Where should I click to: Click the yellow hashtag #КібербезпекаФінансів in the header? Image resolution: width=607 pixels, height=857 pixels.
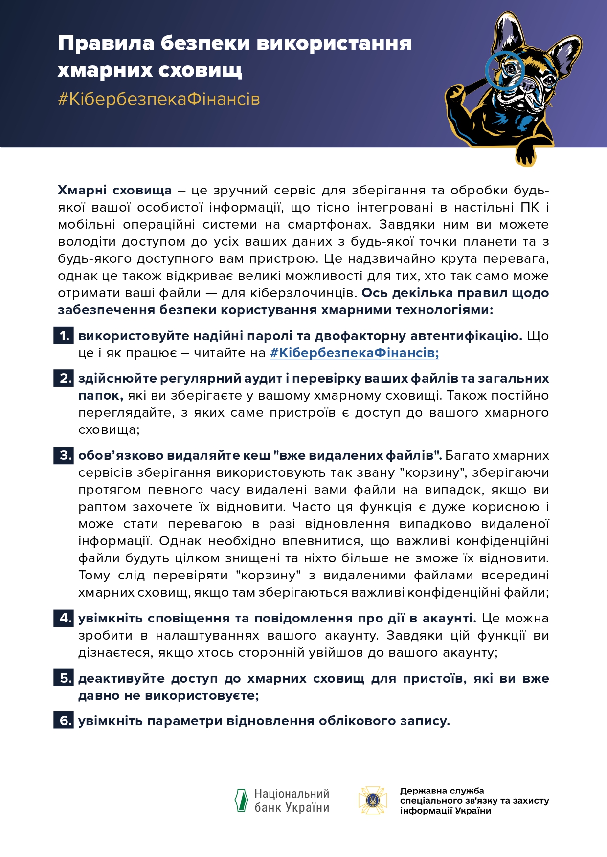[x=159, y=99]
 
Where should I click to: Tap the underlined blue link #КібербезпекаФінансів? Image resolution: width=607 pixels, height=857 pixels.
[x=354, y=353]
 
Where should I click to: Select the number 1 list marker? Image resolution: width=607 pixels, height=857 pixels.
[x=64, y=336]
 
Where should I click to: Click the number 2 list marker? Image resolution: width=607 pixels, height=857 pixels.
[x=64, y=379]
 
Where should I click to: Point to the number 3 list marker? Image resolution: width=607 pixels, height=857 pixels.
[x=64, y=456]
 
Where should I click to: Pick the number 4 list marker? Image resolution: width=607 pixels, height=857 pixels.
[x=64, y=619]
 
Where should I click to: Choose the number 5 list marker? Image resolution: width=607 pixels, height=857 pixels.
[x=64, y=679]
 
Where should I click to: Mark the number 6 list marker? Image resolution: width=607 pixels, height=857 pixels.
[x=64, y=721]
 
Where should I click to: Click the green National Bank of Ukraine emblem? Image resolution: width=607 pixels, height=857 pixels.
[x=241, y=800]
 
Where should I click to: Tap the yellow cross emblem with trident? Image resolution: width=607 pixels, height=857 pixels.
[x=373, y=800]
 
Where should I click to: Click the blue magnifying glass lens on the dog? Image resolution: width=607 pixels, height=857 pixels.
[x=505, y=70]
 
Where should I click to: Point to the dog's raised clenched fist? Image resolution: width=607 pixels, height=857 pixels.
[x=455, y=93]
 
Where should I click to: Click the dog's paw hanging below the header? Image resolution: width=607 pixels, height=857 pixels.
[x=526, y=155]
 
